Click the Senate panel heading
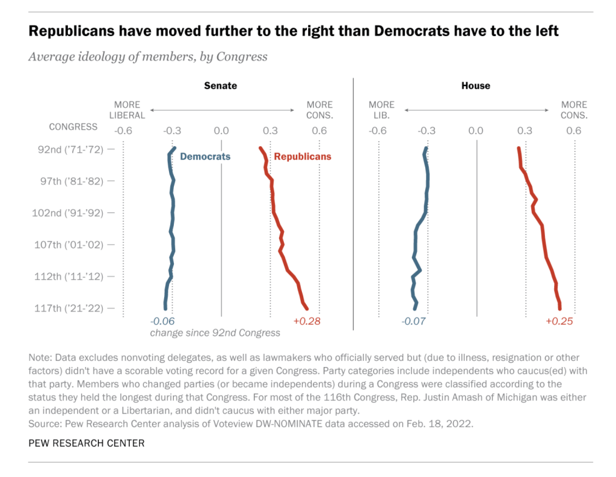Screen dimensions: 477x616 (x=220, y=85)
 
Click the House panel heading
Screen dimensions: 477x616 (x=475, y=85)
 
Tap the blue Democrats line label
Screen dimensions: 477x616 (x=205, y=156)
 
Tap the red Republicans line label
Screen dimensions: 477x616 (x=303, y=156)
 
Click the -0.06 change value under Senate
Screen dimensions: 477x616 (x=162, y=321)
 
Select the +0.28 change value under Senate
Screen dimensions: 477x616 (x=307, y=321)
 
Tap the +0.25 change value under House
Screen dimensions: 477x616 (x=559, y=321)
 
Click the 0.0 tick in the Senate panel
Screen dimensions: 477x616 (x=221, y=131)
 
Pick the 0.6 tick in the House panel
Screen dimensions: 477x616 (x=574, y=131)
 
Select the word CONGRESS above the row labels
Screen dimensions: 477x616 (x=73, y=127)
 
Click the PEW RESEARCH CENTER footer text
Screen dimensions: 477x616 (x=87, y=443)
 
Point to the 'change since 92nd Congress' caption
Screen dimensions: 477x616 (x=215, y=333)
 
